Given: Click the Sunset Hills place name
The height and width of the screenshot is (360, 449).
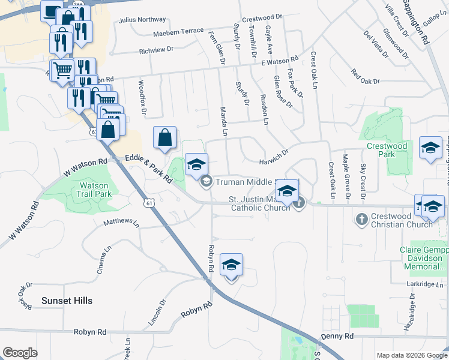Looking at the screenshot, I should [x=67, y=300].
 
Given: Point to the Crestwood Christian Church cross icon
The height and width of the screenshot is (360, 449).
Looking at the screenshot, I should [x=361, y=219].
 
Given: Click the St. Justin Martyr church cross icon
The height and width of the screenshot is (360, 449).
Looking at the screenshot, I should [x=300, y=203].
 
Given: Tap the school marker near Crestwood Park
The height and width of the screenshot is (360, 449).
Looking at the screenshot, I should [x=430, y=148].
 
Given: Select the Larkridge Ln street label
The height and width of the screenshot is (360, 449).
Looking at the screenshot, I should [x=424, y=284].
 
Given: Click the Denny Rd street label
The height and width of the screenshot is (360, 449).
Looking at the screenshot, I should [x=337, y=337].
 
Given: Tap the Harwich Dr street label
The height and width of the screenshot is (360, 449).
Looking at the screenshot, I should [x=274, y=157].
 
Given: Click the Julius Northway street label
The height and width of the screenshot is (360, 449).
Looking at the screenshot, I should [x=142, y=20].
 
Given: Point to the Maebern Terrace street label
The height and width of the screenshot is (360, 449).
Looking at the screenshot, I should [x=178, y=31].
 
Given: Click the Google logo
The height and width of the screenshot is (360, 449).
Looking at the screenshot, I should [x=20, y=353].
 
